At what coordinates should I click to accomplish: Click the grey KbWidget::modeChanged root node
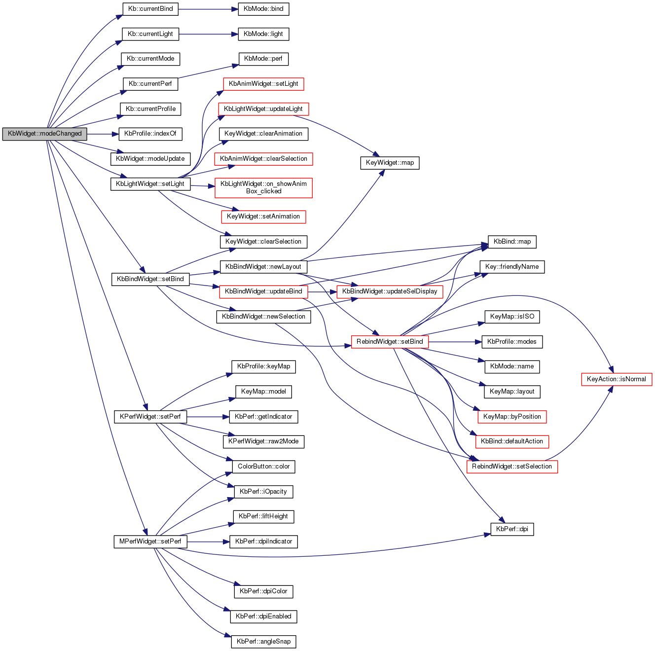coord(44,134)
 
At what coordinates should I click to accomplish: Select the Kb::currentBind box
coord(150,9)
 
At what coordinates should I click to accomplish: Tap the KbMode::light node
coord(263,34)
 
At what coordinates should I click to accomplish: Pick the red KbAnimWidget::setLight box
coord(263,84)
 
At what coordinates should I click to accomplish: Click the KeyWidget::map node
coord(390,163)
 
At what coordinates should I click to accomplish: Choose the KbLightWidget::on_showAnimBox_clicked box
coord(263,187)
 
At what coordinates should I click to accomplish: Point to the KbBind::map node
coord(512,242)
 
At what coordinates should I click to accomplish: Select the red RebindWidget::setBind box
coord(390,342)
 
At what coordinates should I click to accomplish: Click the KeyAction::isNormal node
coord(617,379)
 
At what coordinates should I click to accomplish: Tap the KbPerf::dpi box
coord(512,529)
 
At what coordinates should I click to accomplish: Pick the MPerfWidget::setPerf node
coord(150,542)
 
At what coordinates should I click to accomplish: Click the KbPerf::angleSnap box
coord(263,642)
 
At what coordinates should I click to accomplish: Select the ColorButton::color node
coord(263,467)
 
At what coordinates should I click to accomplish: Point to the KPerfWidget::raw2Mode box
coord(263,441)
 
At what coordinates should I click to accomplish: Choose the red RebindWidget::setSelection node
coord(512,467)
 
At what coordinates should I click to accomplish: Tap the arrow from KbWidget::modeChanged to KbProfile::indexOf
coord(103,134)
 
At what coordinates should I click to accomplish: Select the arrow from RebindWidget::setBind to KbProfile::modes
coord(455,342)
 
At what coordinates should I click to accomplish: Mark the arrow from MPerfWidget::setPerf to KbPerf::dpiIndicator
coord(208,542)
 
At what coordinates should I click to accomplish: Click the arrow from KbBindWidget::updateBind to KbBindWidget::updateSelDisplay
coord(322,291)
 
